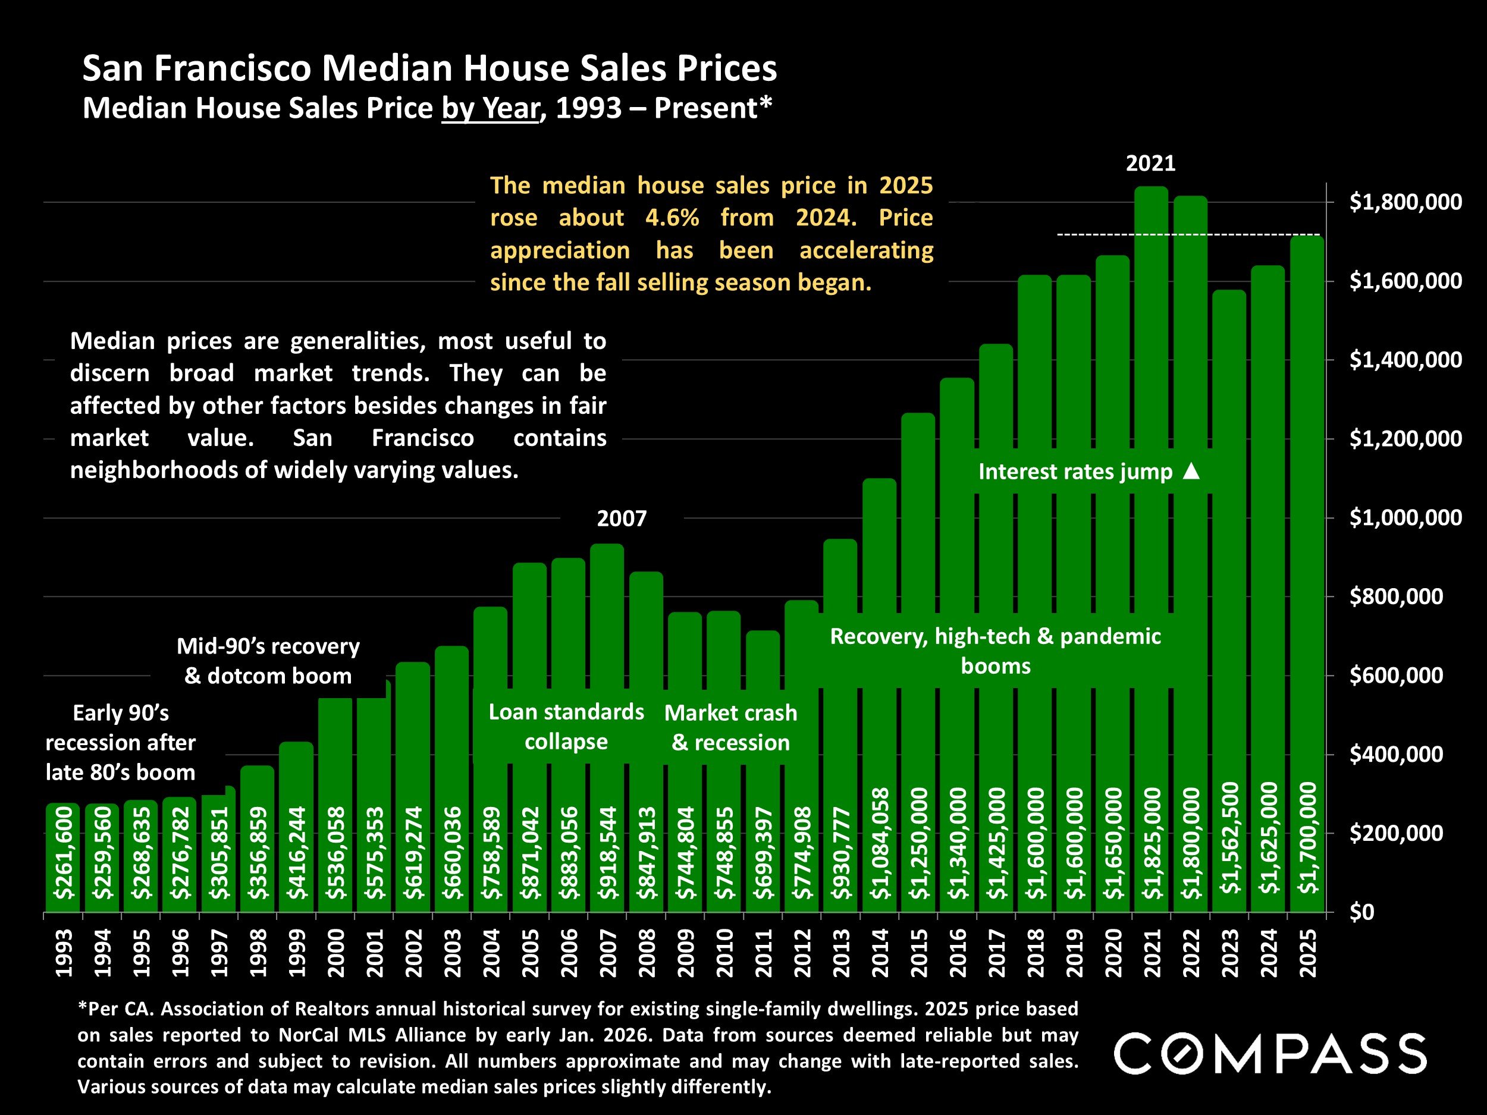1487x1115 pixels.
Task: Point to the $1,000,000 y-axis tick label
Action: [x=1405, y=517]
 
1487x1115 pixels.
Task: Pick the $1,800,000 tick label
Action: [x=1405, y=202]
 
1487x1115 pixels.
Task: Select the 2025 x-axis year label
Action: [x=1307, y=953]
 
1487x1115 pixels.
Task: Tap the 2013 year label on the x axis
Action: [x=841, y=953]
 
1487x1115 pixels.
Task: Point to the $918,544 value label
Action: [x=607, y=852]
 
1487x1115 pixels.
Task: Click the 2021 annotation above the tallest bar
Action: [x=1151, y=164]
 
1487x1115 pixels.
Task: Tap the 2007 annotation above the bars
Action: [x=622, y=519]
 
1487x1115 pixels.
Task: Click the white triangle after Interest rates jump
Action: [x=1191, y=471]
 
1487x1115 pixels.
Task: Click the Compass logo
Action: [x=1270, y=1054]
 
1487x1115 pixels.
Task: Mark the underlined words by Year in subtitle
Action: [x=491, y=109]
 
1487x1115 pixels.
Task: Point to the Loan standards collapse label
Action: [x=566, y=727]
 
